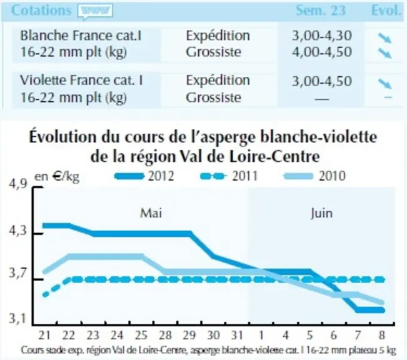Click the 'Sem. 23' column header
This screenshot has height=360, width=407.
click(321, 11)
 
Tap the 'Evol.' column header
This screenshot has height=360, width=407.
click(386, 11)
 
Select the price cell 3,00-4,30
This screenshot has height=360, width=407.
click(322, 36)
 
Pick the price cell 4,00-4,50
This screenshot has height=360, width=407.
click(322, 52)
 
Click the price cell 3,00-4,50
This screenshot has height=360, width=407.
click(322, 81)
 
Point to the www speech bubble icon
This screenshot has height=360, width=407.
click(95, 12)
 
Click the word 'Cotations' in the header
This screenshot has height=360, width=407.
click(41, 11)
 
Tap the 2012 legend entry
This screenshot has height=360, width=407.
click(144, 176)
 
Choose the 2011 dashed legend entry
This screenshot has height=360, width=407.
click(229, 176)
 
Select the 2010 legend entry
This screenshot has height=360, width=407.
click(315, 176)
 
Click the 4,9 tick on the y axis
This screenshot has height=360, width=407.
click(18, 184)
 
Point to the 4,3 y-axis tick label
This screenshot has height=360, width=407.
click(18, 231)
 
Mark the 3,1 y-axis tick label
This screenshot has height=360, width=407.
click(18, 319)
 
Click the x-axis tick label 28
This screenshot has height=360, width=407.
click(165, 336)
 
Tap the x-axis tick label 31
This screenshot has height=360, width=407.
click(237, 336)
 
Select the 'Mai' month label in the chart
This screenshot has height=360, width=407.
click(151, 213)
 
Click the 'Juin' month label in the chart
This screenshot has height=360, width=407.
click(321, 214)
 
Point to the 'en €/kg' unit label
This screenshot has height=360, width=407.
click(57, 177)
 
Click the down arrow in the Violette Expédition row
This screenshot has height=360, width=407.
click(384, 83)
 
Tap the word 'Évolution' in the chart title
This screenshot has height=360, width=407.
click(63, 136)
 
